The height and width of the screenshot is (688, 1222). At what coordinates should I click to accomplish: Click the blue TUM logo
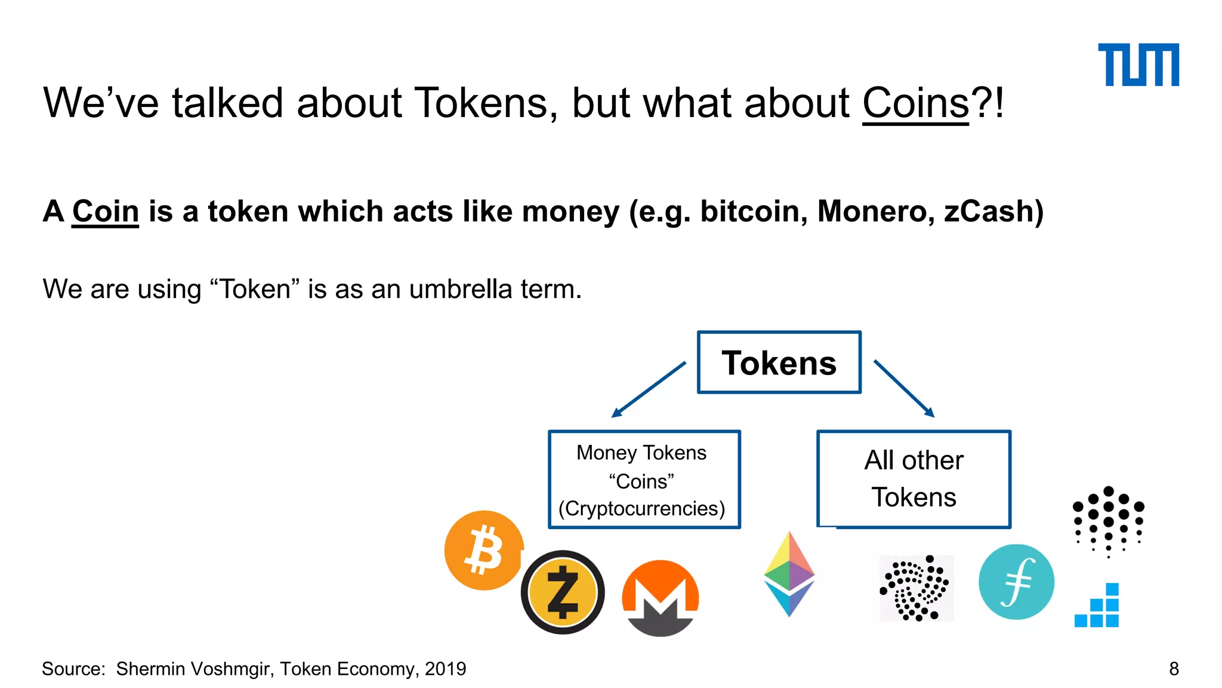pos(1138,64)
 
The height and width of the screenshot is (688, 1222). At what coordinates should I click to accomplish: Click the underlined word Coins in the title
pos(915,103)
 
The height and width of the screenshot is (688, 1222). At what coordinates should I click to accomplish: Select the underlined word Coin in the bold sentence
pos(106,211)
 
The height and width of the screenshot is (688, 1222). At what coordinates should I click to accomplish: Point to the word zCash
pos(993,211)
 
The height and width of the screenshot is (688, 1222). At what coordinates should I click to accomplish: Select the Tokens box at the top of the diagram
pos(779,363)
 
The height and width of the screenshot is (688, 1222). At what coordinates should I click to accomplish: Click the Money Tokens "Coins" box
pos(644,480)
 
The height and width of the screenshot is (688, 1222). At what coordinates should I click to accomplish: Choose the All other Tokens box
pos(914,479)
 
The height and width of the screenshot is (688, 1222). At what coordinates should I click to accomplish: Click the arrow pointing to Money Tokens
pos(648,389)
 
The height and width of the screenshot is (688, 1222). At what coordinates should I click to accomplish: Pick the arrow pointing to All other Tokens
pos(904,388)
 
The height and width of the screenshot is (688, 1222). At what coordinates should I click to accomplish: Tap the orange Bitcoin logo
pos(484,550)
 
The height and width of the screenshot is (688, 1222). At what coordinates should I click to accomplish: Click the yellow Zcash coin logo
pos(563,592)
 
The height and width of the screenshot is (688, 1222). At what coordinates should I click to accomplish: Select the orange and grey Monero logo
pos(660,598)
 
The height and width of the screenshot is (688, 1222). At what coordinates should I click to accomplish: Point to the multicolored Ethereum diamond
pos(789,574)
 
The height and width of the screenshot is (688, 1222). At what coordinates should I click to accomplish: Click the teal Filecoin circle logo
pos(1016,582)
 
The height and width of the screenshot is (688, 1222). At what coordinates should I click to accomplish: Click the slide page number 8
pos(1174,669)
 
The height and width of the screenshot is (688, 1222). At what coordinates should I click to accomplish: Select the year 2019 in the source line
pos(445,669)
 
